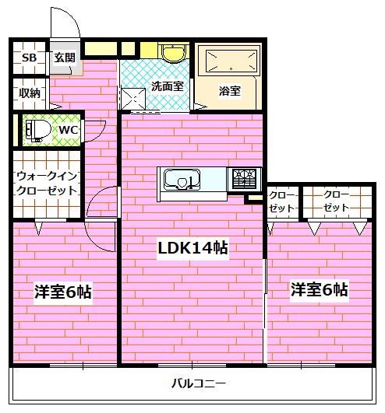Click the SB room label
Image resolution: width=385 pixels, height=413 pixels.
(x=29, y=58)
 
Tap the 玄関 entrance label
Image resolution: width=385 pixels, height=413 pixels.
(x=65, y=58)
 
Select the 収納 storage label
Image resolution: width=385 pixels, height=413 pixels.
(x=30, y=93)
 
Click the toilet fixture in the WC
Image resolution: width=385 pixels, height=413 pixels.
(x=38, y=130)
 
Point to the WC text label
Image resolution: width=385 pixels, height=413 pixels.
(x=69, y=130)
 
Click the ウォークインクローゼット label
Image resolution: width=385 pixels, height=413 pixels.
(x=47, y=184)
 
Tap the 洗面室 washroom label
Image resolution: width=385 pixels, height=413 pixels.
(x=168, y=86)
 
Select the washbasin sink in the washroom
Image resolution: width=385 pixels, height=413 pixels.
(x=173, y=53)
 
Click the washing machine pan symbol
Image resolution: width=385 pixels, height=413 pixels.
(x=133, y=99)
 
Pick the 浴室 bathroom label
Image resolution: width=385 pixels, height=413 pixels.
(x=229, y=91)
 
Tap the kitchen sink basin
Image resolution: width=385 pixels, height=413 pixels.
(x=182, y=179)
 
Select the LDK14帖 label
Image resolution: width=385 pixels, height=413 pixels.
(x=193, y=248)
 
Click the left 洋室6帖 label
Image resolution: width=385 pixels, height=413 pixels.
(x=63, y=292)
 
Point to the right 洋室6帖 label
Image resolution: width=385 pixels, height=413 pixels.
(x=319, y=289)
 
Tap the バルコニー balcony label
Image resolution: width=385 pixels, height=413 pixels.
(x=199, y=383)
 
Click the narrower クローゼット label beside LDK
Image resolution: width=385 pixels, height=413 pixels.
(x=281, y=201)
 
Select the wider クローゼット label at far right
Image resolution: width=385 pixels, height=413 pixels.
(x=336, y=201)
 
